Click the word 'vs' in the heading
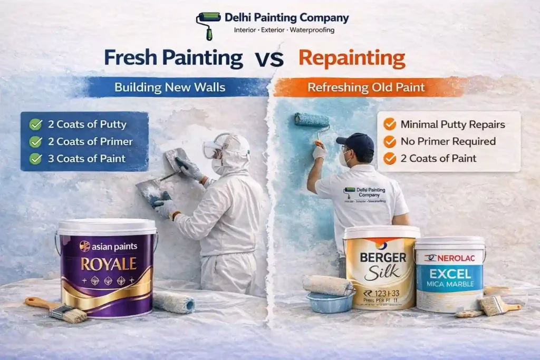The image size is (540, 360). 271,59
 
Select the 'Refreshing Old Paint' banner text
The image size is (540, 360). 366,87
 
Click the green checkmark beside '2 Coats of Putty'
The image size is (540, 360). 36,124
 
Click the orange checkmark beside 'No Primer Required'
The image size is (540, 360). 390,141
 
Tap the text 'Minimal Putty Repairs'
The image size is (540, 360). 452,125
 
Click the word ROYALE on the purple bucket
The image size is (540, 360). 109,264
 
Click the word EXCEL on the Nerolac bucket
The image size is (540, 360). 449,274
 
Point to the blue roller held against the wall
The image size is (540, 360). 312,120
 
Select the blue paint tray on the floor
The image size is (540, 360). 330,301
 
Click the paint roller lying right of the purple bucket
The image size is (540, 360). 173,302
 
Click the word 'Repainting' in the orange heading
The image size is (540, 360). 352,57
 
